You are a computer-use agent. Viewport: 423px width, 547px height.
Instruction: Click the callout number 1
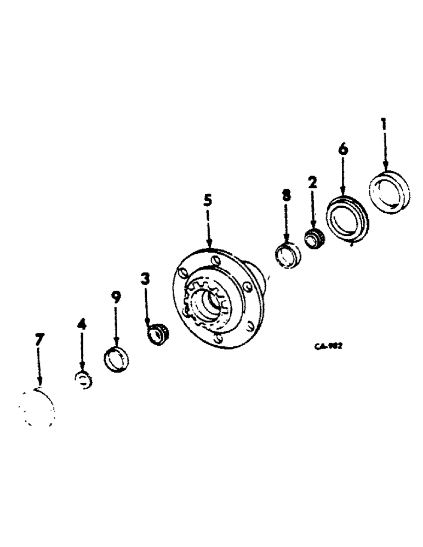(x=384, y=125)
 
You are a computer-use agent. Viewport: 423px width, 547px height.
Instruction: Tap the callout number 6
(x=343, y=149)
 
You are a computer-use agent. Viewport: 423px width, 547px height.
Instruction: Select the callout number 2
(x=312, y=183)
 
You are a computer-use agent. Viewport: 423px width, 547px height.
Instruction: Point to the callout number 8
(x=286, y=196)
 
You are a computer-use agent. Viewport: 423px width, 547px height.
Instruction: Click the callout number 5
(x=207, y=201)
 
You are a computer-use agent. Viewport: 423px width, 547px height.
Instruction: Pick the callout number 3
(x=145, y=280)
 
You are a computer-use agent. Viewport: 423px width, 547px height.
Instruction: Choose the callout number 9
(x=116, y=297)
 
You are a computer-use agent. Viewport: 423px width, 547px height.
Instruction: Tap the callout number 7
(x=38, y=340)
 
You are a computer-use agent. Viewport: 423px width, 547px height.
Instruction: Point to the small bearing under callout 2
(x=313, y=239)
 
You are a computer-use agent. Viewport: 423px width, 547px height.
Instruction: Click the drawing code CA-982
(x=328, y=346)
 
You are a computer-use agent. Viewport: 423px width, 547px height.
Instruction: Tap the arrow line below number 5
(x=208, y=230)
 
